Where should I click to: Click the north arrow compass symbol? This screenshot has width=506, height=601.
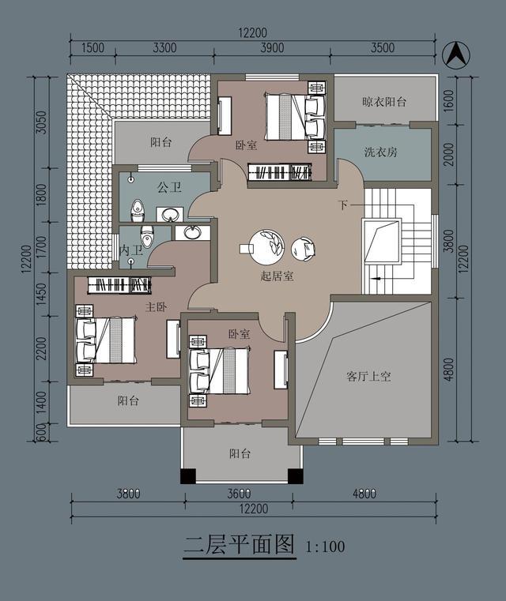[x=455, y=54]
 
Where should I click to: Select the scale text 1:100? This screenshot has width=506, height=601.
[x=324, y=546]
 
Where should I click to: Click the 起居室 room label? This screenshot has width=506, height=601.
[x=277, y=276]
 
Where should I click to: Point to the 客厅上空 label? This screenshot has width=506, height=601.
[x=368, y=377]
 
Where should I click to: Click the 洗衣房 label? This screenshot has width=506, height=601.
[x=380, y=152]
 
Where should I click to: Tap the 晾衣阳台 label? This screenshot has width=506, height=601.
[x=384, y=102]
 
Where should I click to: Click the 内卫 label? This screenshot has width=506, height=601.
[x=130, y=250]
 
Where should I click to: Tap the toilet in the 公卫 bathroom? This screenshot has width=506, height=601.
[x=138, y=210]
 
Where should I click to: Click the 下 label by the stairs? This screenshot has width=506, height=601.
[x=342, y=206]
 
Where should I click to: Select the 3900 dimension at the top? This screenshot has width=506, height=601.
[x=271, y=47]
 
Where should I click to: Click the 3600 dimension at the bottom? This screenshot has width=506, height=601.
[x=239, y=495]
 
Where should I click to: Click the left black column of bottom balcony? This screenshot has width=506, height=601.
[x=188, y=476]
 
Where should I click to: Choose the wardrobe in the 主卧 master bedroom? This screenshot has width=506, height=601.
[x=119, y=286]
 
